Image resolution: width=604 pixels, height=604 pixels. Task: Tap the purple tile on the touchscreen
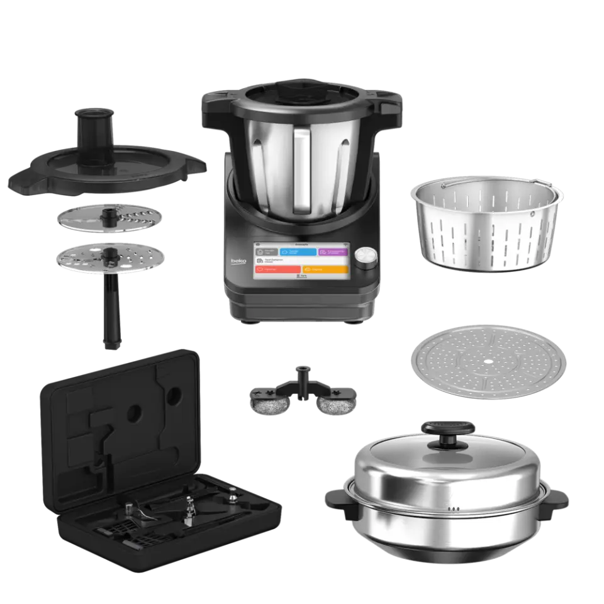pyautogui.click(x=332, y=251)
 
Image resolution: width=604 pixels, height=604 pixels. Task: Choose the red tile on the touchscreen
pyautogui.click(x=275, y=269)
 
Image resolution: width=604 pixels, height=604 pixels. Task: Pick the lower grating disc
pyautogui.click(x=110, y=258)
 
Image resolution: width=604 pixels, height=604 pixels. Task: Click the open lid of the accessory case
pyautogui.click(x=120, y=409)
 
